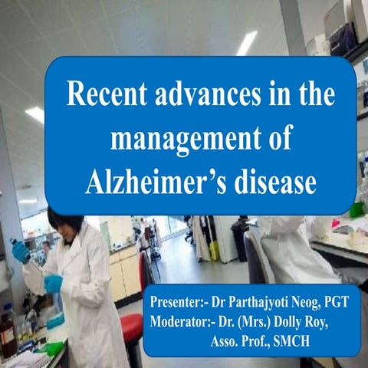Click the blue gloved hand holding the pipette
pos(54,283)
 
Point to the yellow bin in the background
pos(214,250)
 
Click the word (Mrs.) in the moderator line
pos(255,320)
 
